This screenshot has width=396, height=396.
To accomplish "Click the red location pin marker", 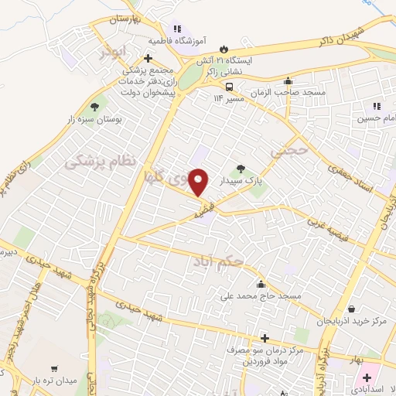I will [199, 182].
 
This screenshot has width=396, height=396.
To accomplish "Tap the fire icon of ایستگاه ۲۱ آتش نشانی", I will [224, 47].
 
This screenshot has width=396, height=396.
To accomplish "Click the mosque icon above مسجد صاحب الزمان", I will [288, 80].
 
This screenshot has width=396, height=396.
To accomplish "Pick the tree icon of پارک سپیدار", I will [241, 167].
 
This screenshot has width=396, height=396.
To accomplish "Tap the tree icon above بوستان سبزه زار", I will [95, 107].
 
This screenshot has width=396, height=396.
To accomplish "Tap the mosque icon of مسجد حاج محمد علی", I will [260, 283].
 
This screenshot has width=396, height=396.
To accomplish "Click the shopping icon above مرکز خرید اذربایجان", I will [352, 308].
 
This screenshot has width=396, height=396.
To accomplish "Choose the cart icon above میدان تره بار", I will [53, 368].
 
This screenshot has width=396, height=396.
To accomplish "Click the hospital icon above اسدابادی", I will [367, 377].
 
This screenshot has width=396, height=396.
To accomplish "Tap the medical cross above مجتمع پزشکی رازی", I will [147, 58].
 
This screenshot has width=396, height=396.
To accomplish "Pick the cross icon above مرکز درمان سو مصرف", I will [265, 338].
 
